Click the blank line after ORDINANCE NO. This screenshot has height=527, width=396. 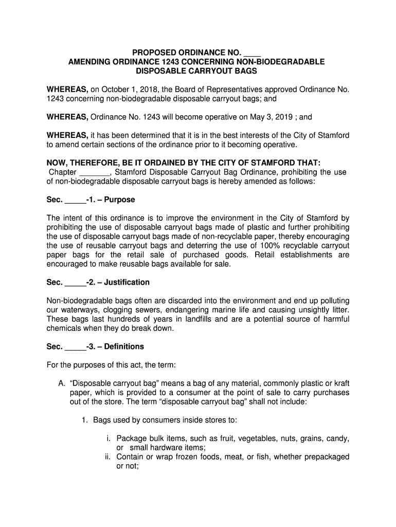pos(252,52)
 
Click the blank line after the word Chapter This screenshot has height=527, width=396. pos(95,172)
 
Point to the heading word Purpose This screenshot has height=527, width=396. pos(119,199)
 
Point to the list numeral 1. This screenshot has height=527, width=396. pos(85,420)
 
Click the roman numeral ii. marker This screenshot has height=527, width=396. pos(109,457)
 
